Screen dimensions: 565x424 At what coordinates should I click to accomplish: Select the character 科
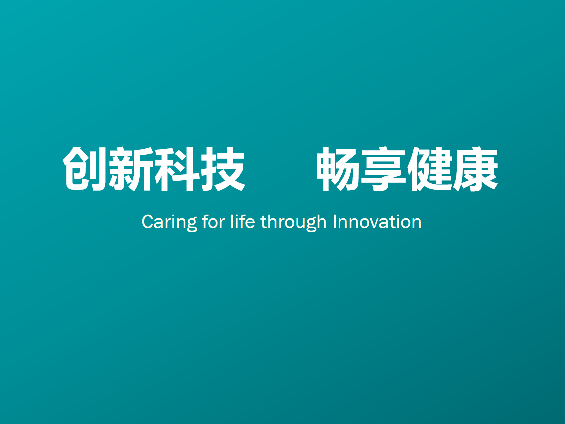click(x=177, y=169)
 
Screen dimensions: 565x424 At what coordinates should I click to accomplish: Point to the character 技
click(x=223, y=169)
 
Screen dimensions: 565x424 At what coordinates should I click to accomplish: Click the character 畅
click(x=338, y=169)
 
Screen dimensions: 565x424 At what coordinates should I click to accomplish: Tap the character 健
click(x=430, y=169)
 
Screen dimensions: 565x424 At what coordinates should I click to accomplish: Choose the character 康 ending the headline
click(x=475, y=169)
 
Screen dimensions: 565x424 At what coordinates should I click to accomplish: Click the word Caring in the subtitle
click(x=169, y=223)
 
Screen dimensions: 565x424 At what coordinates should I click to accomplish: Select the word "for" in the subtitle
click(x=214, y=221)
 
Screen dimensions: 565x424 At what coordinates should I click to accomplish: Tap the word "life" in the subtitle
click(x=243, y=221)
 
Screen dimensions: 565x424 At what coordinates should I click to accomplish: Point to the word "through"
click(x=293, y=223)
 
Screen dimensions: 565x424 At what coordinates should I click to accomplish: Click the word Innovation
click(x=377, y=222)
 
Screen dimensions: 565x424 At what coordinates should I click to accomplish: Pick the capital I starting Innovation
click(x=335, y=222)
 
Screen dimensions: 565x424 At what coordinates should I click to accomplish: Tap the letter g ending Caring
click(x=192, y=225)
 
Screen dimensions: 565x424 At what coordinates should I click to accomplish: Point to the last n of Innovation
click(x=416, y=224)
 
